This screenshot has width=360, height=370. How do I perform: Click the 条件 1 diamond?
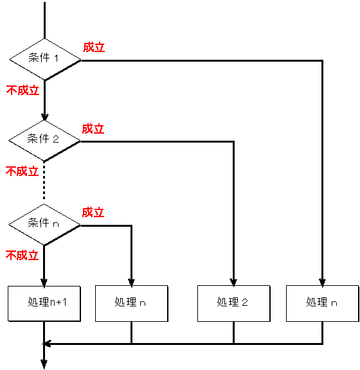pyautogui.click(x=45, y=60)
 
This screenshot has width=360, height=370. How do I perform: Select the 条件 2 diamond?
pyautogui.click(x=44, y=141)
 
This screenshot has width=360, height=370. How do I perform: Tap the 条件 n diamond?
pyautogui.click(x=44, y=225)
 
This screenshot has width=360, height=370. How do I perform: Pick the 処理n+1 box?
pyautogui.click(x=44, y=304)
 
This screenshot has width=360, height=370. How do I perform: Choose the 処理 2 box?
pyautogui.click(x=233, y=303)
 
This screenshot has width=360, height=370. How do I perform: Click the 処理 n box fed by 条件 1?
pyautogui.click(x=323, y=303)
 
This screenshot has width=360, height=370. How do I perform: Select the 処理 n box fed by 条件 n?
pyautogui.click(x=132, y=303)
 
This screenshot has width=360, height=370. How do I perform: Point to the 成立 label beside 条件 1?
pyautogui.click(x=94, y=48)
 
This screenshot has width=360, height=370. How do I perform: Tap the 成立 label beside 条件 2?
pyautogui.click(x=93, y=129)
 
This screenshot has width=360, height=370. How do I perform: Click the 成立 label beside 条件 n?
pyautogui.click(x=93, y=213)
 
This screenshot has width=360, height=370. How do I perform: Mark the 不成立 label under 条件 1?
pyautogui.click(x=22, y=91)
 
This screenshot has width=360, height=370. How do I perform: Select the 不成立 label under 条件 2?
pyautogui.click(x=22, y=171)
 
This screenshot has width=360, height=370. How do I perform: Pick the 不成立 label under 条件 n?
pyautogui.click(x=22, y=255)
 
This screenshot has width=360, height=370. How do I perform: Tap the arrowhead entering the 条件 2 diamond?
pyautogui.click(x=44, y=117)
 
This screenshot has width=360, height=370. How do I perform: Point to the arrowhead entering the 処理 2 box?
pyautogui.click(x=233, y=282)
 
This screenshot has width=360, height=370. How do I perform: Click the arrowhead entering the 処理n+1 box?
pyautogui.click(x=44, y=283)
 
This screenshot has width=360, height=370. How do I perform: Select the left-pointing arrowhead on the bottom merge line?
pyautogui.click(x=48, y=344)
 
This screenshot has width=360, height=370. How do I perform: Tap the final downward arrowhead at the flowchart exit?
pyautogui.click(x=44, y=364)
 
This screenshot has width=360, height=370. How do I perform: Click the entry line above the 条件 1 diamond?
pyautogui.click(x=44, y=21)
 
